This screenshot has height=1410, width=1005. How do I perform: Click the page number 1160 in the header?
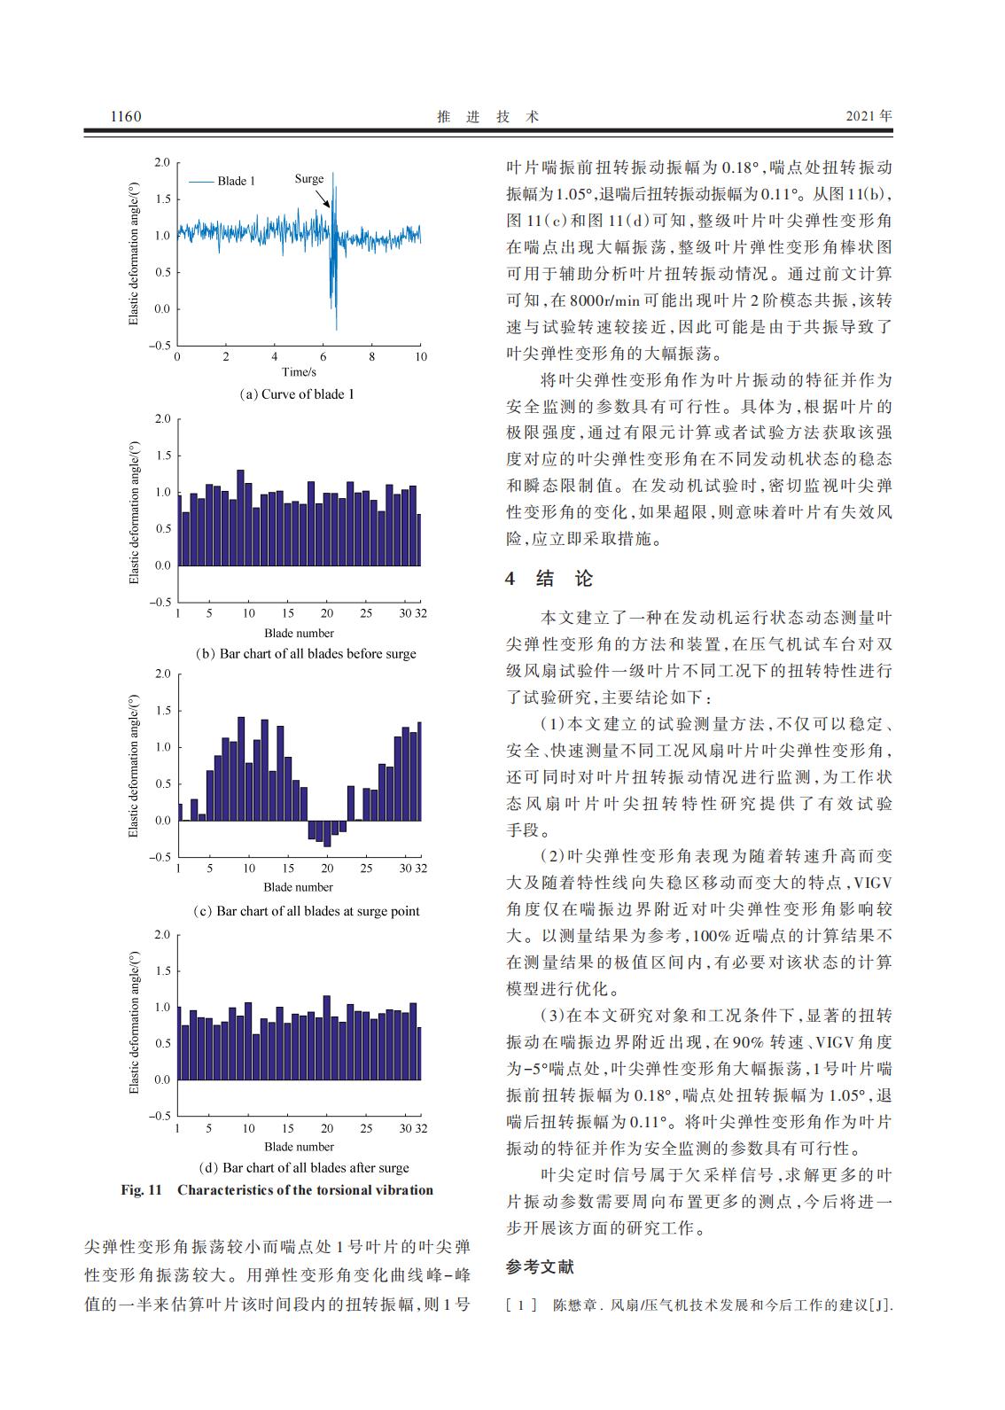125,116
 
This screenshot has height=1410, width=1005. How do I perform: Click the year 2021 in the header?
861,116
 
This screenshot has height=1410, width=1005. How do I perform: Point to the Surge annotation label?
309,179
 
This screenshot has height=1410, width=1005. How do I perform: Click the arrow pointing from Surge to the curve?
323,197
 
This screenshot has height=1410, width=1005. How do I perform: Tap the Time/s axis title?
299,371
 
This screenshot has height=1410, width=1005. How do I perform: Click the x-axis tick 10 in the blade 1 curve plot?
420,356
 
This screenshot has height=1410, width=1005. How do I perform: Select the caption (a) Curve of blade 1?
298,394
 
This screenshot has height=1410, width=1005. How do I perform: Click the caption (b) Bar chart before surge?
305,654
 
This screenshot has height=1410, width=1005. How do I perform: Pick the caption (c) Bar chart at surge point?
306,911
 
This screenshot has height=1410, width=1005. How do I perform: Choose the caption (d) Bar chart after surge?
304,1167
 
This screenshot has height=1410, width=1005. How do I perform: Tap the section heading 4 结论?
549,580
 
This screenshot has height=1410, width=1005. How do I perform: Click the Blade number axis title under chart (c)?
299,887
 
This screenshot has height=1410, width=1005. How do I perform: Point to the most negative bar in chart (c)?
327,834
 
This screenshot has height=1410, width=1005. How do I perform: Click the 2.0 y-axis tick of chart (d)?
161,934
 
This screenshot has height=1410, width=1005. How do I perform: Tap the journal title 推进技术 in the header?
488,116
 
